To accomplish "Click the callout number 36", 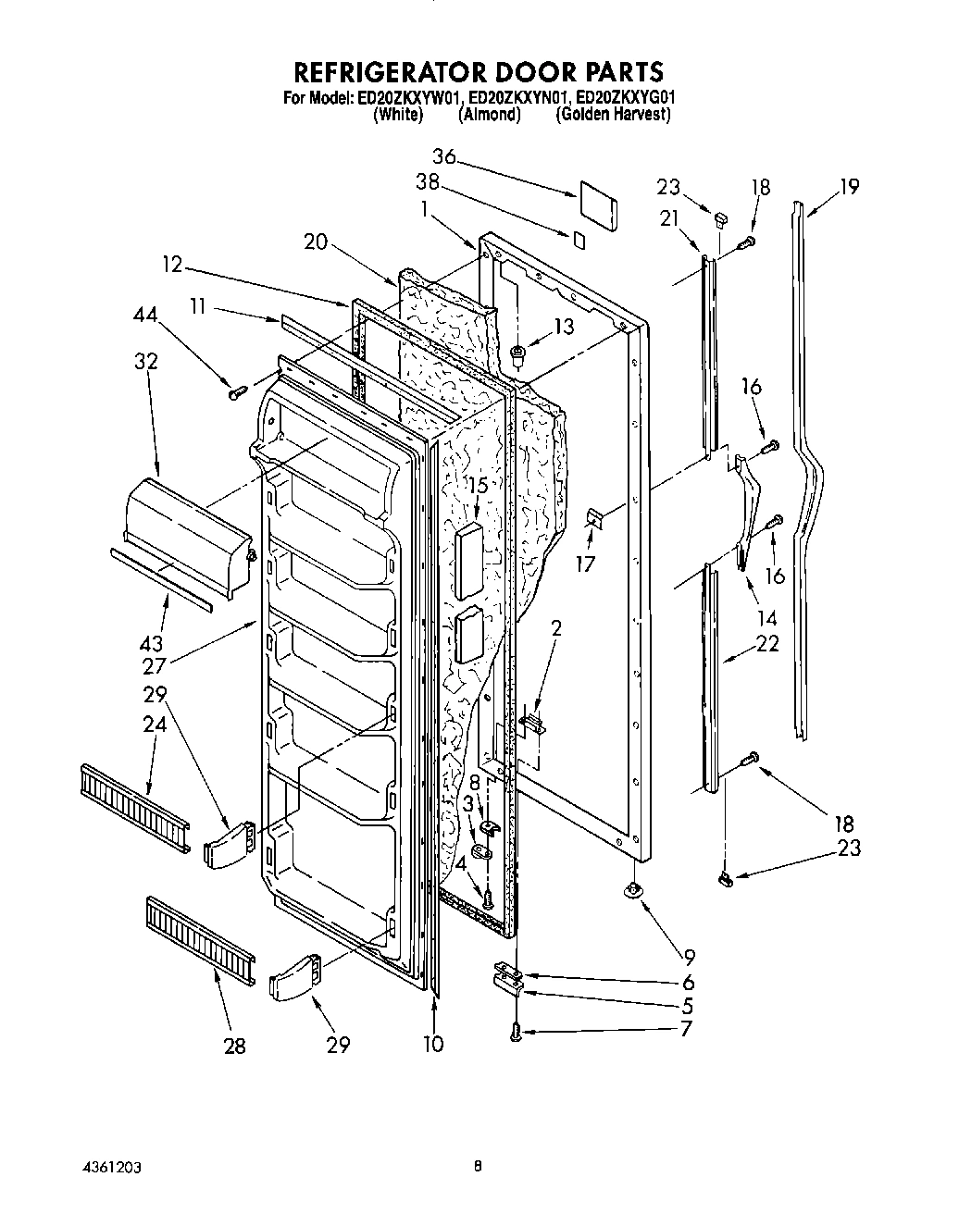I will click(x=444, y=157).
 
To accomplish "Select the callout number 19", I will click(x=849, y=187).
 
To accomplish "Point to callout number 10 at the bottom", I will click(x=432, y=1045).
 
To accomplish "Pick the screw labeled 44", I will click(x=236, y=393).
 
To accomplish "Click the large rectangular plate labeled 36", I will click(x=599, y=204).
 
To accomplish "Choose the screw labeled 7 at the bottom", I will click(x=516, y=1034).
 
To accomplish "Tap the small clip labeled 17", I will click(x=593, y=521).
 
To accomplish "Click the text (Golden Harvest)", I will click(x=612, y=115).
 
